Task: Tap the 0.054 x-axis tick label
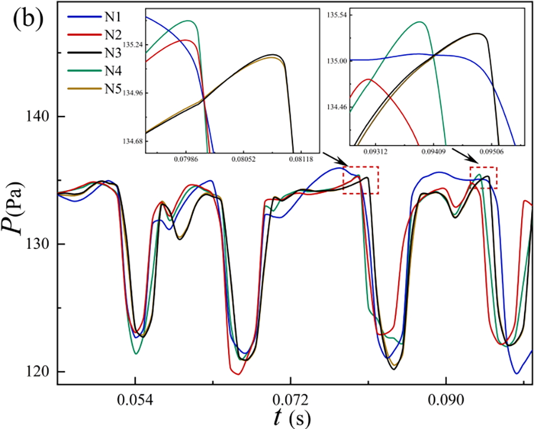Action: tap(135, 401)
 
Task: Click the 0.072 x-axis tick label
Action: tap(290, 401)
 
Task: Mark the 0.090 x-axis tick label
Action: tap(446, 401)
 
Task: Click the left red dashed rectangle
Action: tap(361, 180)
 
